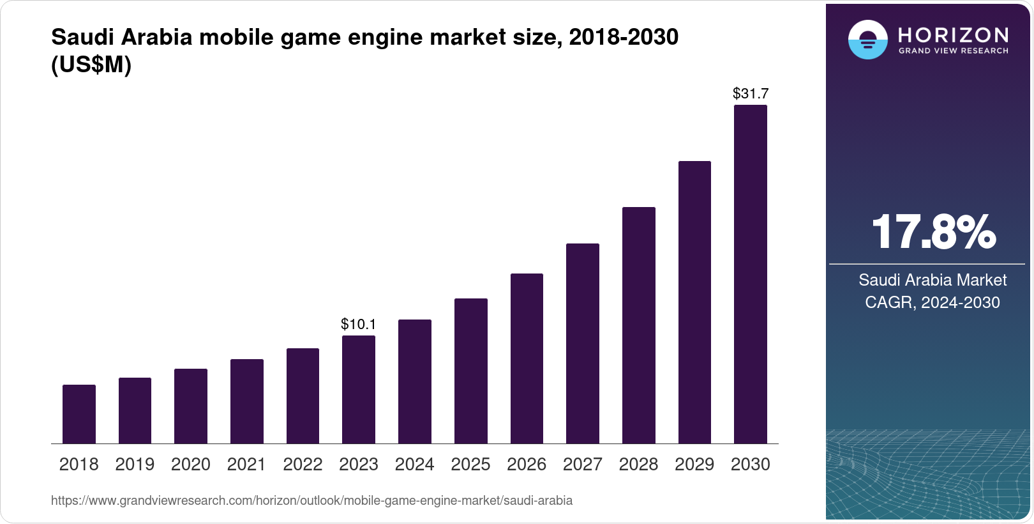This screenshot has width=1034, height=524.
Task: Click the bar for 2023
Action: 359,390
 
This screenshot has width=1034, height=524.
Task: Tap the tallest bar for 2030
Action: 751,275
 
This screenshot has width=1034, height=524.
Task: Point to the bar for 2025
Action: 471,371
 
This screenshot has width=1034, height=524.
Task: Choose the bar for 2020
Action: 191,406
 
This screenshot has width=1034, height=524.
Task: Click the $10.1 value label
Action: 359,325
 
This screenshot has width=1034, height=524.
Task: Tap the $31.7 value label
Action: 751,94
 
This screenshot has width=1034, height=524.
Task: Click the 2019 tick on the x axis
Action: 135,465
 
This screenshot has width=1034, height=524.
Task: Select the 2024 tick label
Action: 415,465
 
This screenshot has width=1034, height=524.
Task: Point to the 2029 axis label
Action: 694,465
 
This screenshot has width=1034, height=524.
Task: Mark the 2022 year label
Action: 303,465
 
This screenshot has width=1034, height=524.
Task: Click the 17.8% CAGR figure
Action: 933,232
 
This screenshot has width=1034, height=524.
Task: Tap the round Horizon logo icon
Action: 867,40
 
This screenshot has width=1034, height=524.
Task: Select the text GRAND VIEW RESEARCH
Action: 954,51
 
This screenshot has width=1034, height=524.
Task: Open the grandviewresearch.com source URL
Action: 311,501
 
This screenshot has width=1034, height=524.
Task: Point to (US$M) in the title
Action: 91,65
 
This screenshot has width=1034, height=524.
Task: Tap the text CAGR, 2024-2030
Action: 933,302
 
